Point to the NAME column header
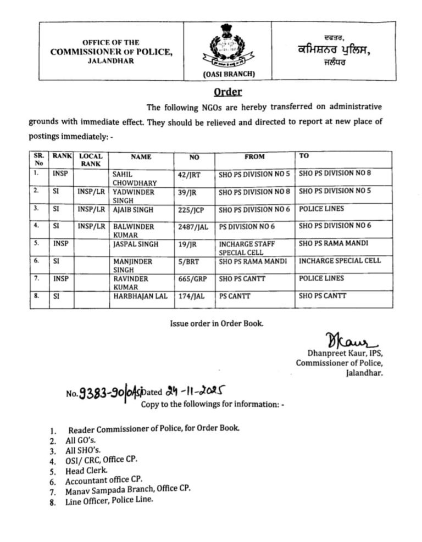(141, 157)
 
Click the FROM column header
(254, 157)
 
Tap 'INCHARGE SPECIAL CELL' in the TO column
(339, 260)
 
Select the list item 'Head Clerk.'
(87, 471)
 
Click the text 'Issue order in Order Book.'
(216, 323)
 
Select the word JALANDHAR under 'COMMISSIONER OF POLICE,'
(111, 61)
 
